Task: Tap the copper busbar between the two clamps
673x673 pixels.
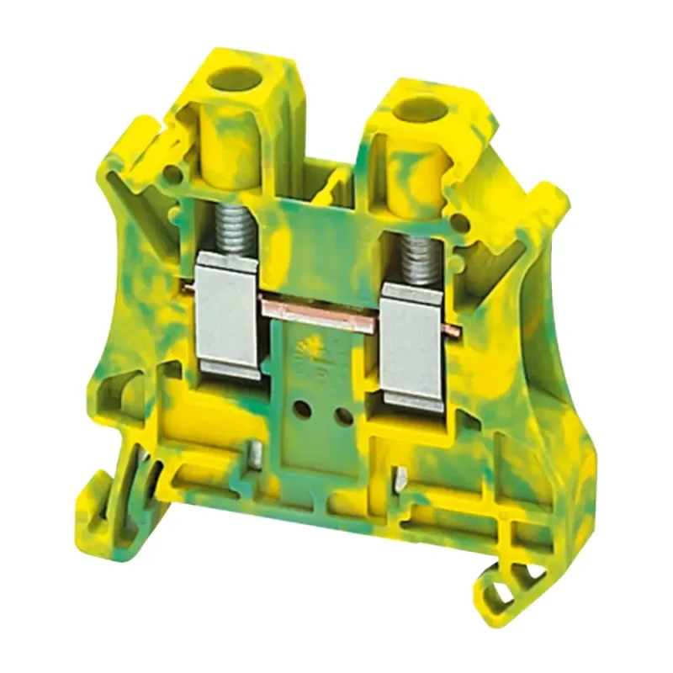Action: (320, 309)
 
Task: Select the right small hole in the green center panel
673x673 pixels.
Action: (342, 416)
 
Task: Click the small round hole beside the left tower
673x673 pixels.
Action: (175, 175)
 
